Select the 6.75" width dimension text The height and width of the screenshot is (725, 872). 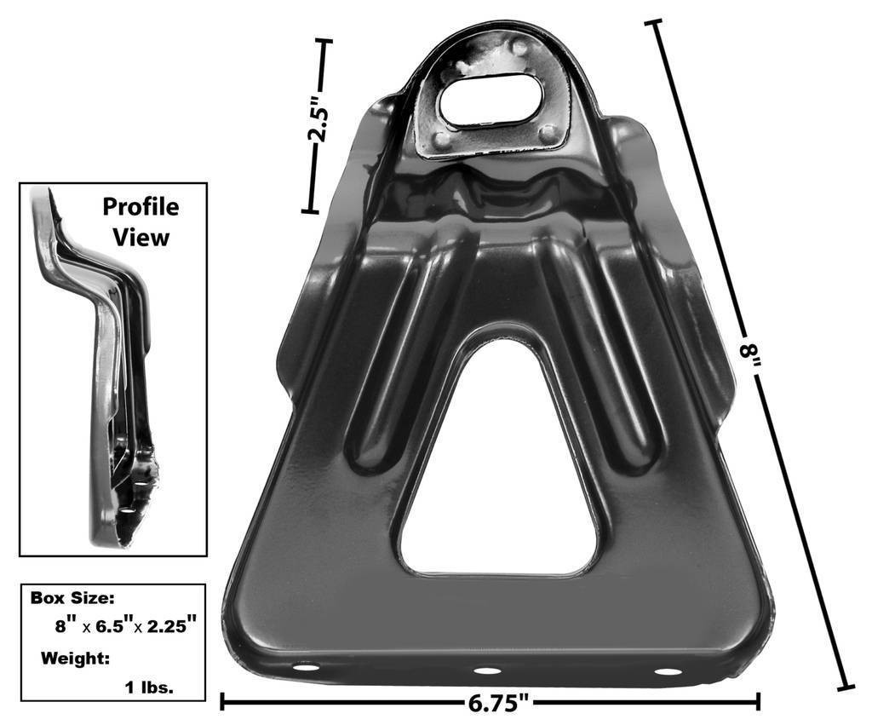click(x=499, y=704)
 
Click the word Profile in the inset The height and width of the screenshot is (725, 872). click(x=141, y=207)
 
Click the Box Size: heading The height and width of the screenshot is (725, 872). click(x=72, y=598)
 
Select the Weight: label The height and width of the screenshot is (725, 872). click(x=72, y=658)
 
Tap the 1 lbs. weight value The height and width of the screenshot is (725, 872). click(x=151, y=687)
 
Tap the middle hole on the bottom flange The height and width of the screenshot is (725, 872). click(x=486, y=670)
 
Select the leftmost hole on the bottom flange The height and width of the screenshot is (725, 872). click(x=305, y=666)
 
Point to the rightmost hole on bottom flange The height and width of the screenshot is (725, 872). click(x=668, y=671)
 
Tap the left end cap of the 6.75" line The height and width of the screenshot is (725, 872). click(x=222, y=702)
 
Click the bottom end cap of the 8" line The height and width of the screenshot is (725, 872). click(x=845, y=686)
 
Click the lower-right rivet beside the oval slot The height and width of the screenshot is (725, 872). click(x=548, y=132)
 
